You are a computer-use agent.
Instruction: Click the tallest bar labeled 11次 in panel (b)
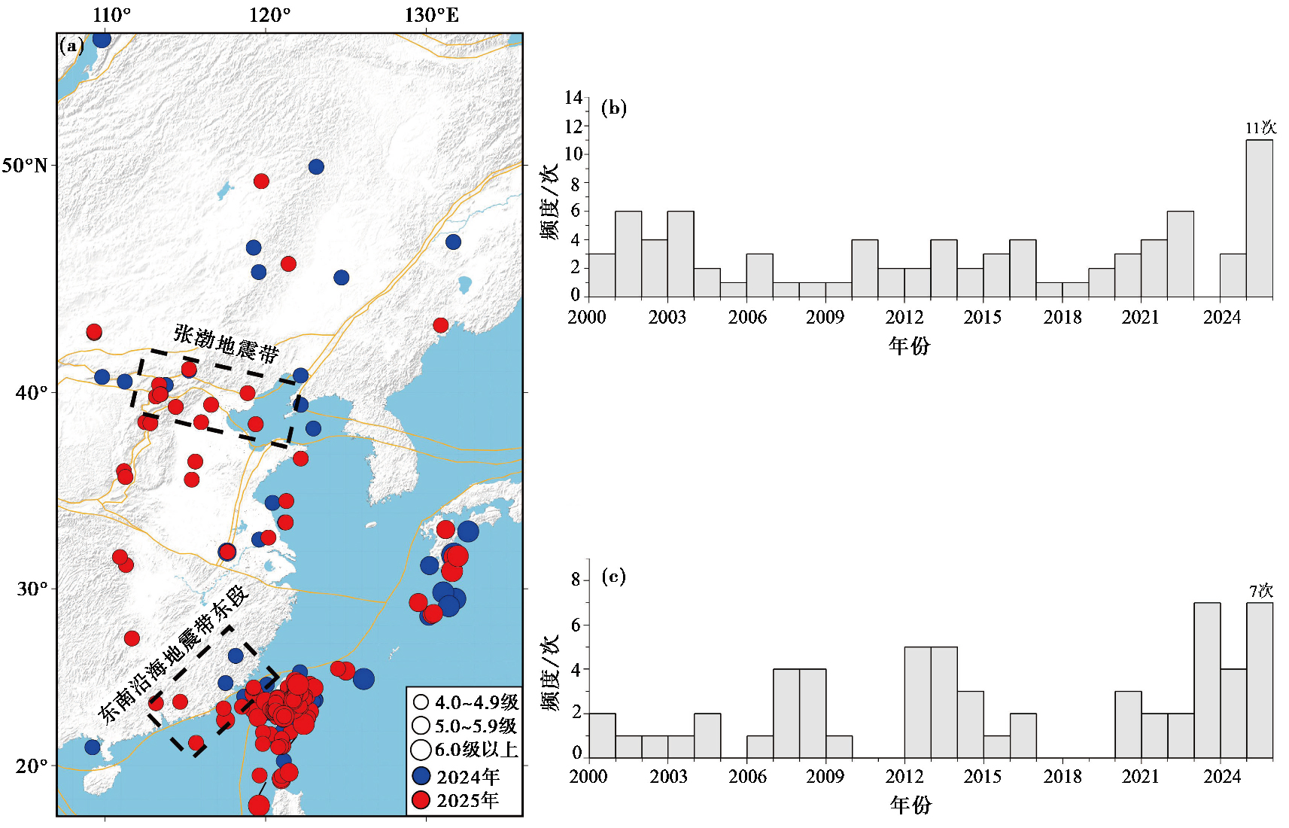[1259, 218]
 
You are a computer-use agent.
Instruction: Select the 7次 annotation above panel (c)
[1260, 591]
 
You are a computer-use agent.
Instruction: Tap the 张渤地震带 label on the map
[226, 344]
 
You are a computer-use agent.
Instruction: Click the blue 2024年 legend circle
[422, 776]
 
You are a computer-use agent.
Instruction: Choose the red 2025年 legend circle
[422, 800]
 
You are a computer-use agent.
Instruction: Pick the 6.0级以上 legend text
[476, 750]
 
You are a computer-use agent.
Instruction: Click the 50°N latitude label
[25, 166]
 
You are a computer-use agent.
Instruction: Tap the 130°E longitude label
[432, 15]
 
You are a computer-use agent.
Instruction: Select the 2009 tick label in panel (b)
[825, 317]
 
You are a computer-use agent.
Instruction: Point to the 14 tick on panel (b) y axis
[573, 98]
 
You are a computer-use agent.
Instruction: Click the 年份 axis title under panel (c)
[911, 805]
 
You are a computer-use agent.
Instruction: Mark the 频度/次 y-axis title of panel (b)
[549, 202]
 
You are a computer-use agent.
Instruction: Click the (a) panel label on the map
[72, 45]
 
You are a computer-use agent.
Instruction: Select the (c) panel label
[614, 577]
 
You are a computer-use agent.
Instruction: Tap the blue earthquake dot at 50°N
[316, 167]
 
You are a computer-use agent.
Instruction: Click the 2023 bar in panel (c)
[1207, 680]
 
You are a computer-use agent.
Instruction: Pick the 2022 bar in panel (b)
[1180, 254]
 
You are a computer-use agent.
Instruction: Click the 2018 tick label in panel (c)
[1063, 776]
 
